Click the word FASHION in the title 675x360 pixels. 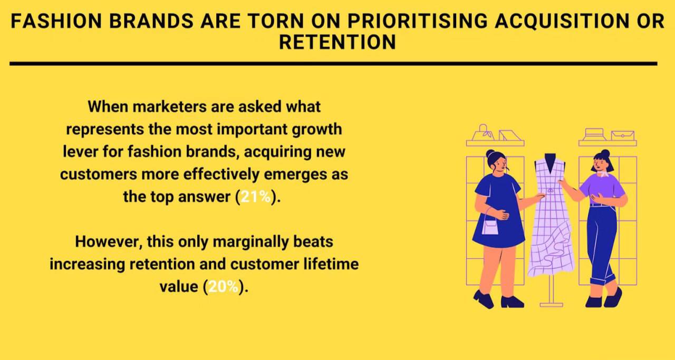coord(56,21)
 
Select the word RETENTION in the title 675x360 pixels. coord(337,42)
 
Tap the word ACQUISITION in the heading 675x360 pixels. coord(562,21)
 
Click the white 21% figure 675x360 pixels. coord(256,197)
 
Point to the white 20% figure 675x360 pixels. coord(223,287)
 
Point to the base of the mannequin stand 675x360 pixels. coord(551,305)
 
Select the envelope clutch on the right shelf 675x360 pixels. coord(623,135)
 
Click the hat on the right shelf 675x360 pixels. coord(594,134)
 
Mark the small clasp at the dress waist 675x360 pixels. coord(551,190)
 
